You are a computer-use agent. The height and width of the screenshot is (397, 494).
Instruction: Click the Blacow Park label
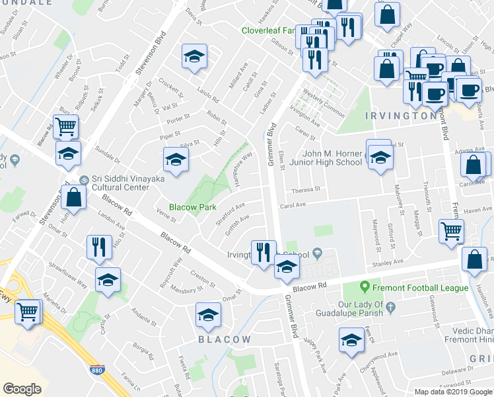pos(193,207)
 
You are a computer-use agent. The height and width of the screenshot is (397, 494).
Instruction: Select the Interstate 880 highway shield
pos(97,371)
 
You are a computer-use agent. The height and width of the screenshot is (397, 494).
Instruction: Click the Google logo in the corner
pos(22,388)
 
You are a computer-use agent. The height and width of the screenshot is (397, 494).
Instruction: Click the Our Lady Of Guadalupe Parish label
pos(349,308)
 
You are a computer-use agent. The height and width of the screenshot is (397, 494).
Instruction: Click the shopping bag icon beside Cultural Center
pos(73,197)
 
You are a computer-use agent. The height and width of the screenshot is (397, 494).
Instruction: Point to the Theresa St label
pos(306,189)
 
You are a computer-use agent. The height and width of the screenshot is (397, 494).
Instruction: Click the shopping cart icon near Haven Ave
pos(452,231)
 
